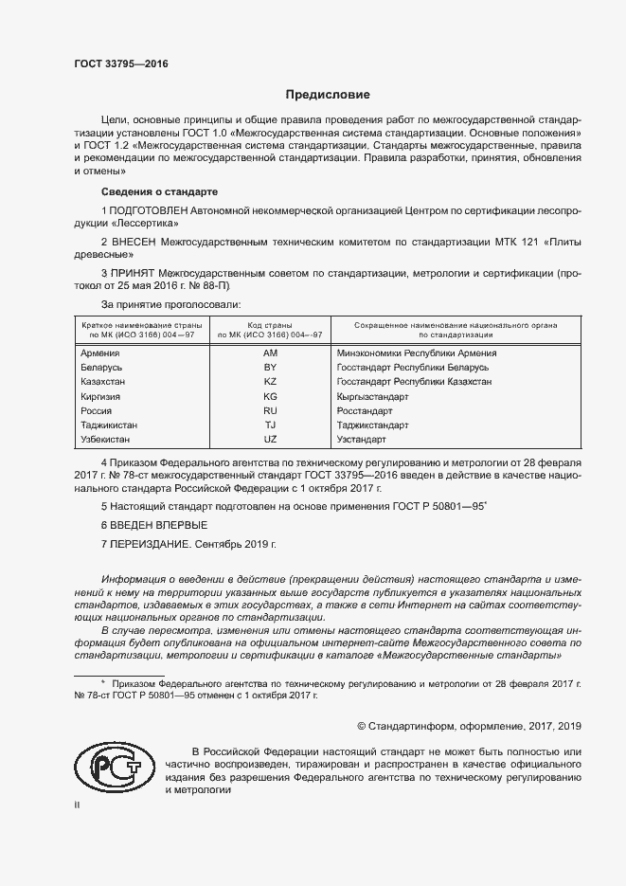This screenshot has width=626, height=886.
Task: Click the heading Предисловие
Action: tap(328, 95)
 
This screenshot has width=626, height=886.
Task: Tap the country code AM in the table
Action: tap(270, 353)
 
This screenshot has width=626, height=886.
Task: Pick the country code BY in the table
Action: tap(270, 368)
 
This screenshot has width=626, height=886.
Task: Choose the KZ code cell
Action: tap(270, 382)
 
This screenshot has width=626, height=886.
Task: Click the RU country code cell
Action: tap(270, 411)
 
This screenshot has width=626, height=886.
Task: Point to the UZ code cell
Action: tap(270, 441)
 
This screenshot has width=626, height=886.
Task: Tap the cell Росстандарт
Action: tap(365, 411)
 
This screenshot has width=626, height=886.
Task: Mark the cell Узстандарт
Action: tap(363, 441)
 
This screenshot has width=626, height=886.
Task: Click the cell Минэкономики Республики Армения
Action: tap(417, 353)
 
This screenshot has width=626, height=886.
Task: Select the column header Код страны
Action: tap(270, 325)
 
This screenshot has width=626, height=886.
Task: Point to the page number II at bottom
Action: tap(78, 805)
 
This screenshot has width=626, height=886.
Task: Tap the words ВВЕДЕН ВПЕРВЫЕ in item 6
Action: tap(160, 525)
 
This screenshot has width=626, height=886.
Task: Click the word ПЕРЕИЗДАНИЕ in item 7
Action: tap(152, 544)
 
